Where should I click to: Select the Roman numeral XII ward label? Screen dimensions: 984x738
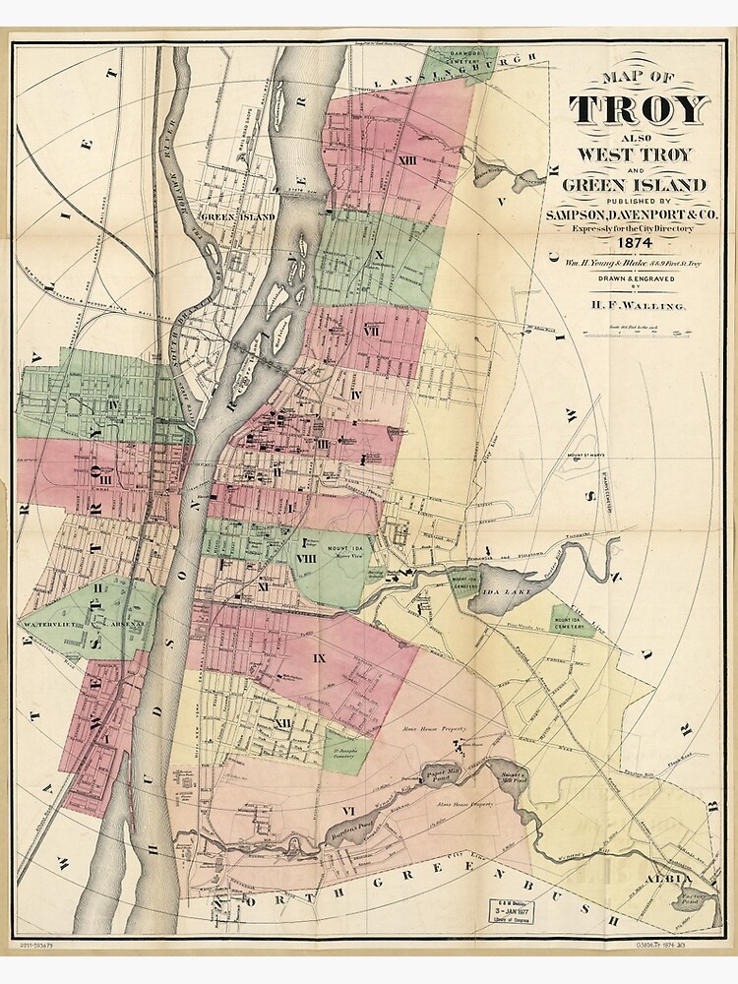click(284, 723)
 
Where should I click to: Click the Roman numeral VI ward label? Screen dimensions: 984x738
click(346, 809)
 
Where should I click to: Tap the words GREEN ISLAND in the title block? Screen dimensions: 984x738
click(635, 184)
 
